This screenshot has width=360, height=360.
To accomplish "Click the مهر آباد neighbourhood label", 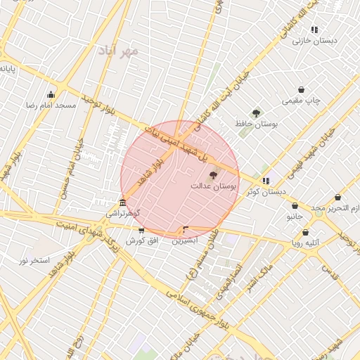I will click(120, 51).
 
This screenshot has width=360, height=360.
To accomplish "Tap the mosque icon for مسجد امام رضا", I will click(51, 95).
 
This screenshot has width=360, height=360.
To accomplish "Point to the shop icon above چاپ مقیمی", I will click(302, 90).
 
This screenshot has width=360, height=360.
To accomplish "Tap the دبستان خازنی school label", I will click(315, 40).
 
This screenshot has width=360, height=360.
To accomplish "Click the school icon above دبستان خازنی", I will click(314, 30).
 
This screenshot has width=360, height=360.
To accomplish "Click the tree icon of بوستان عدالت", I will click(214, 175).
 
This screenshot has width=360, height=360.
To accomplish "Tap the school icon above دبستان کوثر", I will click(265, 181).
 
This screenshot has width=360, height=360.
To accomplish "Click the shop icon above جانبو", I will click(295, 207).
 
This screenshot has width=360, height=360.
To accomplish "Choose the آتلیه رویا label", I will click(306, 243).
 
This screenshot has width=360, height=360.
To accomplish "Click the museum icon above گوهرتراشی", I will click(123, 203).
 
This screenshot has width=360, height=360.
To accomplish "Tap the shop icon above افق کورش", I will click(141, 231).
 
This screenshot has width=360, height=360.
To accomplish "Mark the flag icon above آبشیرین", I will click(186, 229).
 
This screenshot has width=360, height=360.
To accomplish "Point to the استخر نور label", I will click(34, 260).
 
